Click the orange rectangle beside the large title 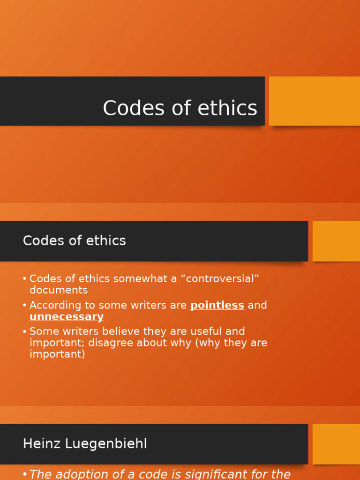pyautogui.click(x=314, y=101)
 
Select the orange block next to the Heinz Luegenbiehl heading pyautogui.click(x=336, y=444)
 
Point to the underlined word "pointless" pyautogui.click(x=217, y=306)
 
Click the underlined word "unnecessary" pyautogui.click(x=67, y=317)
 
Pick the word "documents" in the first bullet pyautogui.click(x=59, y=290)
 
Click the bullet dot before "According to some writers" pyautogui.click(x=24, y=306)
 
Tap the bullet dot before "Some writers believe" pyautogui.click(x=24, y=331)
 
